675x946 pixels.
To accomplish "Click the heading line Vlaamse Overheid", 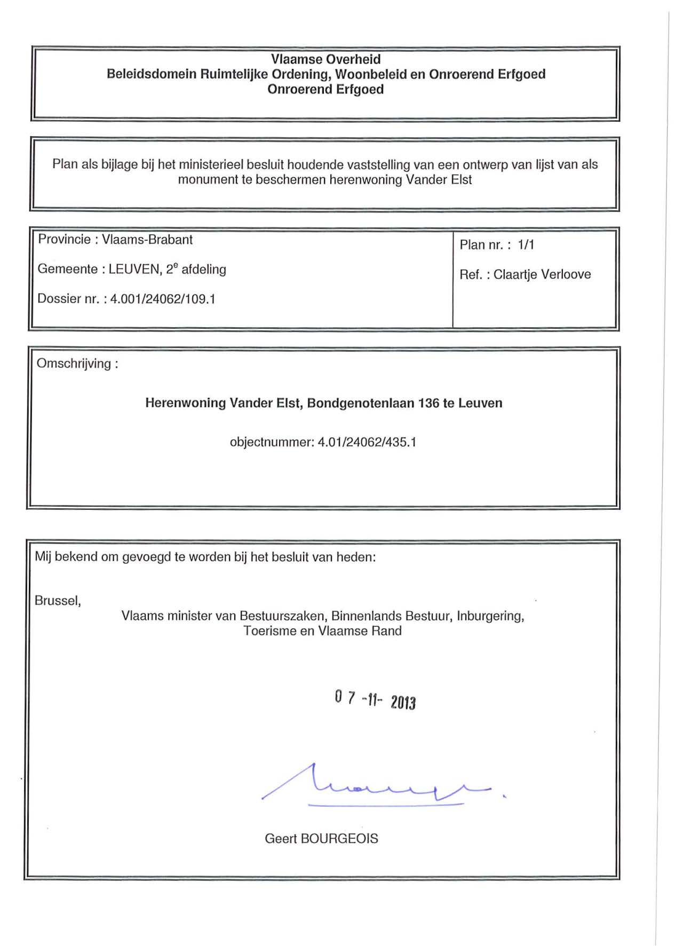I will coord(325,59).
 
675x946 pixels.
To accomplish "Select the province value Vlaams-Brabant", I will coord(147,240).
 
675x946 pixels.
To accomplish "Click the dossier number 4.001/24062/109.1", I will coord(163,299).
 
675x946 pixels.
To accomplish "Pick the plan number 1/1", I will coord(526,245).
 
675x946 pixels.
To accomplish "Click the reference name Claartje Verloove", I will coord(542,274).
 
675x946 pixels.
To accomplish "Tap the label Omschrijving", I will coord(74,364).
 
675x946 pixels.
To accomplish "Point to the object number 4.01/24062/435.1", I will coord(367,442).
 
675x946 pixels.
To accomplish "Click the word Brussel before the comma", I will coord(56,601).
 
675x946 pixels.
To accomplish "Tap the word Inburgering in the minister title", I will coord(490,616).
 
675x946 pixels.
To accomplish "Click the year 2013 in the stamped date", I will coord(403,702).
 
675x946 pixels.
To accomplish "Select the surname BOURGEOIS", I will coord(339,839).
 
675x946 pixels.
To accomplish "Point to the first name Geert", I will coord(281,839).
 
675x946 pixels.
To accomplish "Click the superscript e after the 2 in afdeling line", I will coord(176,265).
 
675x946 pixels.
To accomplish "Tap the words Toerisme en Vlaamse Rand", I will coord(322,631).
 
